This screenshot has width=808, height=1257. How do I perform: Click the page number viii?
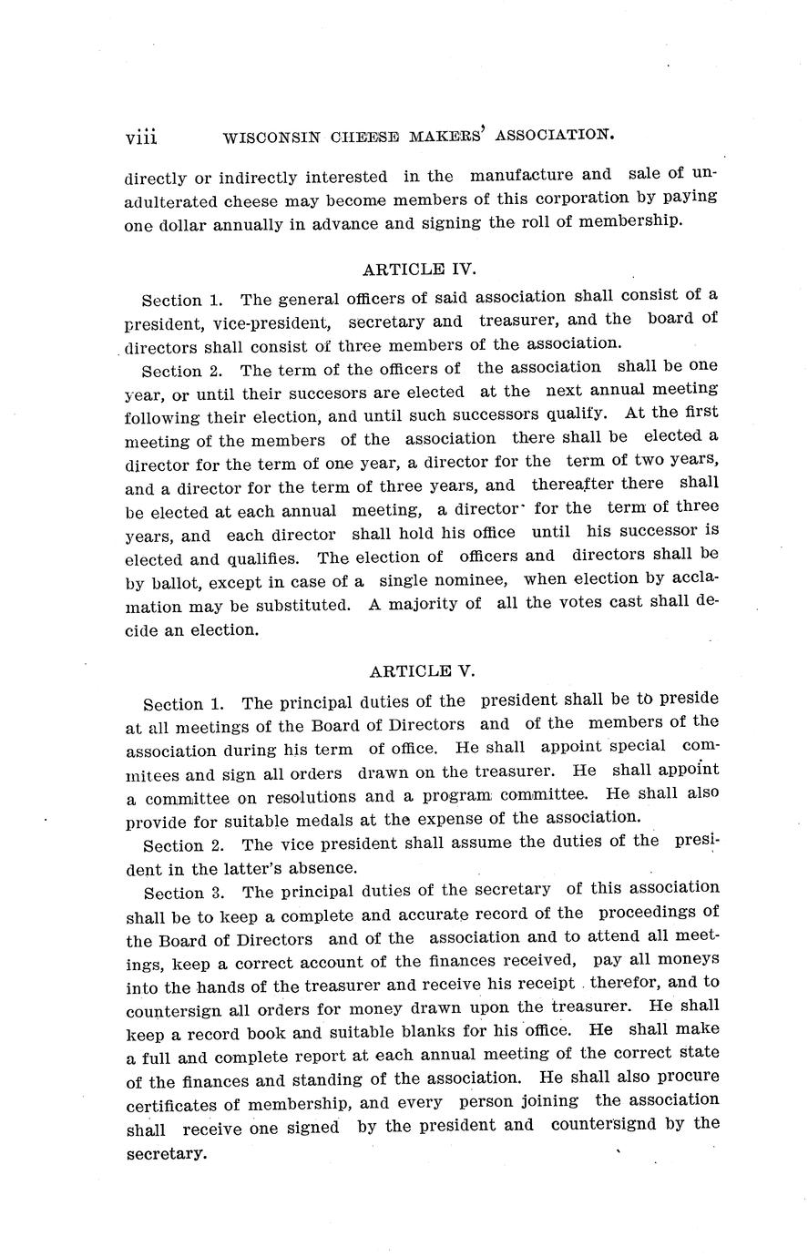pyautogui.click(x=142, y=137)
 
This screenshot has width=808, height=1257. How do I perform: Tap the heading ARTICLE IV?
pyautogui.click(x=420, y=270)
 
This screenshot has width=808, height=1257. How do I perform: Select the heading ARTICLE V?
pyautogui.click(x=422, y=672)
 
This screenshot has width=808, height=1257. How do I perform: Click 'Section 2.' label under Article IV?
pyautogui.click(x=183, y=371)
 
